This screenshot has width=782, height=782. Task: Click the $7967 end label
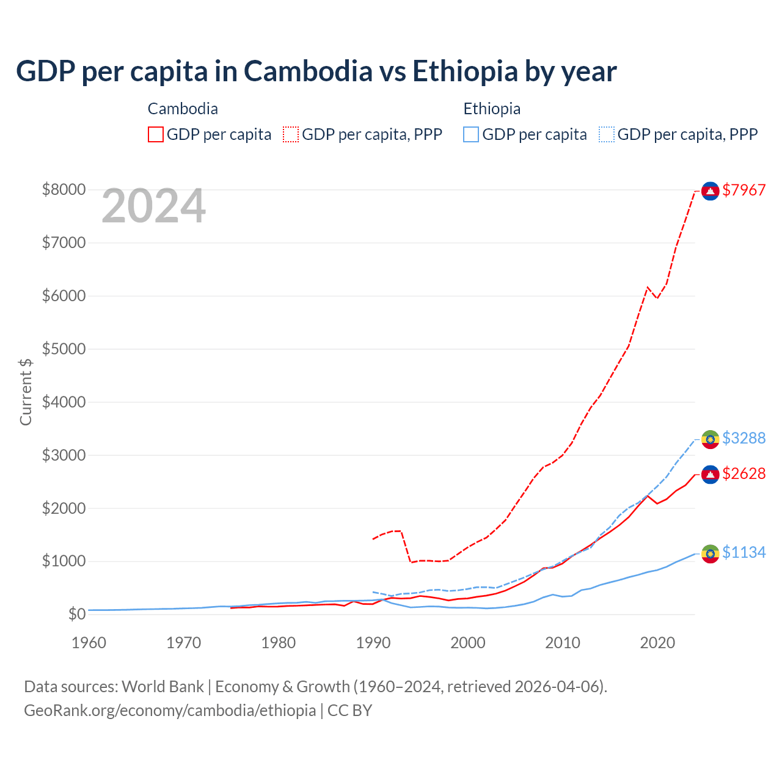coord(744,190)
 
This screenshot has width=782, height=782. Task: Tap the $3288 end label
coord(744,438)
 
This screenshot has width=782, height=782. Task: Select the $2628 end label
coord(744,473)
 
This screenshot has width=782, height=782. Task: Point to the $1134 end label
coord(744,552)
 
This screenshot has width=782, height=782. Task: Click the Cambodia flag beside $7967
coord(710,191)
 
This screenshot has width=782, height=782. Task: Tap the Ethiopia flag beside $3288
coord(710,439)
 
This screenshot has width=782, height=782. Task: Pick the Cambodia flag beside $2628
coord(710,475)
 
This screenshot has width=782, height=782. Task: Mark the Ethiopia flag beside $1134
coord(710,554)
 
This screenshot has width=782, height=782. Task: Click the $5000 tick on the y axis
coord(64,349)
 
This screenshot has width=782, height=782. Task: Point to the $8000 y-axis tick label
coord(64,190)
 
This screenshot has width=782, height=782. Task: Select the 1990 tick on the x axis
coord(373,643)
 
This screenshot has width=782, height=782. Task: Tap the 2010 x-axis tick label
coord(563,643)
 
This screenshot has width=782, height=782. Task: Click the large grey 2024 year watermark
coord(153,206)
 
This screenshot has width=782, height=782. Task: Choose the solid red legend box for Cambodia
coord(156,134)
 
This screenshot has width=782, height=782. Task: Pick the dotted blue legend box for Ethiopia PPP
coord(607,134)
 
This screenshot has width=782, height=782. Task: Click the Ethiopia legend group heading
coord(492,109)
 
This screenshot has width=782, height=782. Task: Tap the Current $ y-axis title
coord(26,391)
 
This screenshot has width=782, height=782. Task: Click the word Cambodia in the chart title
coord(308,71)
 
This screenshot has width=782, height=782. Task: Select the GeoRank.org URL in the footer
coord(170,711)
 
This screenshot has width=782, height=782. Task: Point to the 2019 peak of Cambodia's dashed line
coord(648,287)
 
